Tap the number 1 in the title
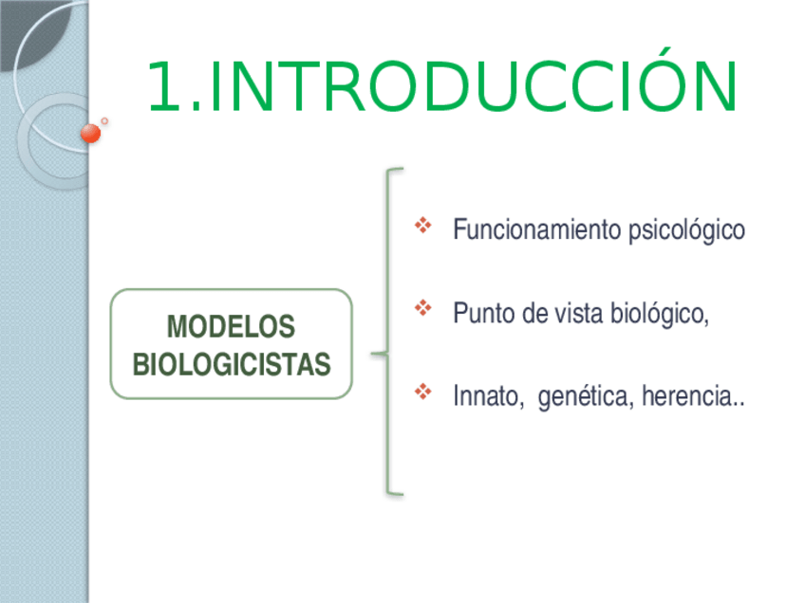pos(164,85)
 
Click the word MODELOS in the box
pos(231,326)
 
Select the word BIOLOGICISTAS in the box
pos(232,365)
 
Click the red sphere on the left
pos(91,134)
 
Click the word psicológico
pos(687,230)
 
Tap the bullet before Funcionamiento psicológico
pos(423,225)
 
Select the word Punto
pos(483,313)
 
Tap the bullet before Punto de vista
pos(423,308)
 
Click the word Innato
pos(488,396)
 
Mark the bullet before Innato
pos(423,392)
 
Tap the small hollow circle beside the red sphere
pos(104,121)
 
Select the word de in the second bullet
pos(534,313)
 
